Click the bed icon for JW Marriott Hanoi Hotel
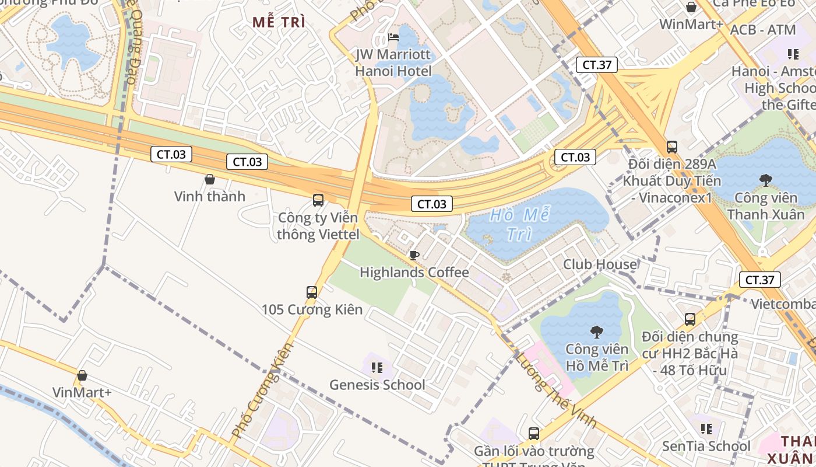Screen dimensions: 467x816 point(393,38)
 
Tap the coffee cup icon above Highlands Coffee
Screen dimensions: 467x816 point(414,255)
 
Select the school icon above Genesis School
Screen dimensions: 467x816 point(377,368)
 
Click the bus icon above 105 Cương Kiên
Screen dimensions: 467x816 point(312,292)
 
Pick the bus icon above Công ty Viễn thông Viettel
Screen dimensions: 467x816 point(318,200)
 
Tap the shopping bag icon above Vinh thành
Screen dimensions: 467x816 point(210,179)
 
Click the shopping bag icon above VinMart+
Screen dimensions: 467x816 point(82,375)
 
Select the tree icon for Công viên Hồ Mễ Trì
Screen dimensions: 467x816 point(596,332)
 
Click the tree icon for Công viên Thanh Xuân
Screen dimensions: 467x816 point(765,180)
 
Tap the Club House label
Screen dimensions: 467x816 point(600,264)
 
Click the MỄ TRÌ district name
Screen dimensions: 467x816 point(279,23)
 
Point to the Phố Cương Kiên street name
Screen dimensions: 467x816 point(262,391)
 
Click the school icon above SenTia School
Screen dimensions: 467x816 point(706,429)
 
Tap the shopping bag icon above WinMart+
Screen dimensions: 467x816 point(691,8)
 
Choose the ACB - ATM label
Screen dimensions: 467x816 point(762,30)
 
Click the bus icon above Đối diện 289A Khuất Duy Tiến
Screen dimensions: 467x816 point(672,147)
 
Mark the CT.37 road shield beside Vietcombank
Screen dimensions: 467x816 point(759,280)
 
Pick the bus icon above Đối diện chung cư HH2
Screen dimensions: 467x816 point(690,319)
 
